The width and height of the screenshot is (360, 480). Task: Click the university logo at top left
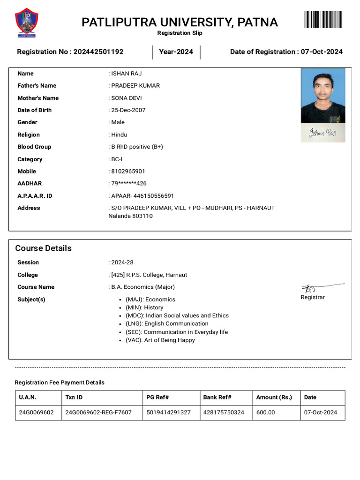coord(27,22)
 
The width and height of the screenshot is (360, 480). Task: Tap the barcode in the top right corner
coord(323,20)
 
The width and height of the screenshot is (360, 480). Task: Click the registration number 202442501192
coord(98,52)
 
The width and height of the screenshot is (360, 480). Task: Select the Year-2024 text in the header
coord(176,52)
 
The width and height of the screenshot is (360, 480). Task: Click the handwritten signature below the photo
coord(322,133)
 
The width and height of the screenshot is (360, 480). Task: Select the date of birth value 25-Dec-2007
coord(128,110)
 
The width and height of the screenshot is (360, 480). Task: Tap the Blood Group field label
coord(34,147)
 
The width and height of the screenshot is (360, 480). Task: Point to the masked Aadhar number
coord(129,183)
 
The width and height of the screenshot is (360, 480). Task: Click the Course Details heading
coord(43,248)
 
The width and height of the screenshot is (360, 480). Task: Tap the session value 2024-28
coord(122,262)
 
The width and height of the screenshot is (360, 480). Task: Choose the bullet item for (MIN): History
coord(144,307)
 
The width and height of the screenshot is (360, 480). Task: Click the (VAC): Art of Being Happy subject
coord(160,340)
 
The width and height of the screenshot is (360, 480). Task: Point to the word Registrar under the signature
coord(312,297)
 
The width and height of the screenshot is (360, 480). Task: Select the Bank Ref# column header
coord(217,397)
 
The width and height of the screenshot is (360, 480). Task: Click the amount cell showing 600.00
coord(265,412)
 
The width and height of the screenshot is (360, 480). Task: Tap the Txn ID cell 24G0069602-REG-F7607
coord(98,412)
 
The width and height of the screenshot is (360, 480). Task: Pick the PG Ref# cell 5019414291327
coord(168,412)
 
